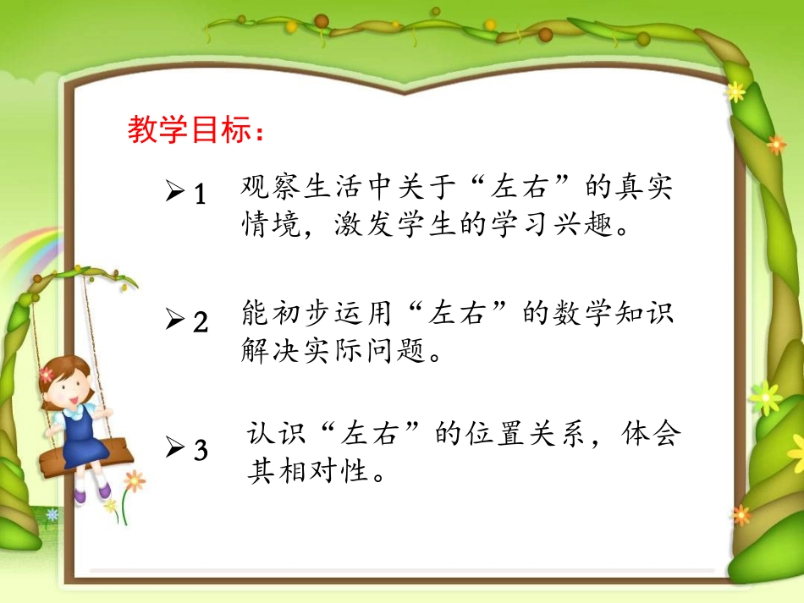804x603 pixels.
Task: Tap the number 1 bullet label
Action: [200, 195]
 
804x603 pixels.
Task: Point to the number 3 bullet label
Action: [201, 451]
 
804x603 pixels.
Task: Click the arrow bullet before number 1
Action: [175, 195]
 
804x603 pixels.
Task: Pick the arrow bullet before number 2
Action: [175, 322]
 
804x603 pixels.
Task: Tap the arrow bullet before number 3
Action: [175, 450]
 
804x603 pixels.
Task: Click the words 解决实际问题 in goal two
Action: [329, 350]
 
